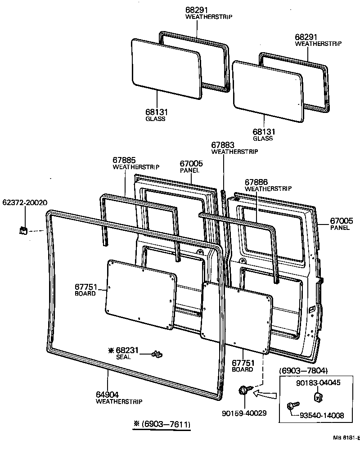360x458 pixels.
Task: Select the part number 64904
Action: [x=108, y=395]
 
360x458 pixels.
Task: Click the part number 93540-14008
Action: [x=322, y=416]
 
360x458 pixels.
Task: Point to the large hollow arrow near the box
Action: [x=265, y=395]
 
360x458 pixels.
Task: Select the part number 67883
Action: [x=223, y=145]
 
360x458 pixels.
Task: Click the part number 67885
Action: [x=124, y=160]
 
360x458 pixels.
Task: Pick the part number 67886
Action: [x=256, y=182]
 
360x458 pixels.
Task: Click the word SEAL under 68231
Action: [x=123, y=357]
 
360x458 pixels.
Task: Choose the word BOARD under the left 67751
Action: [x=85, y=293]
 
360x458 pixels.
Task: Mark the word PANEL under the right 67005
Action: [x=340, y=228]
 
